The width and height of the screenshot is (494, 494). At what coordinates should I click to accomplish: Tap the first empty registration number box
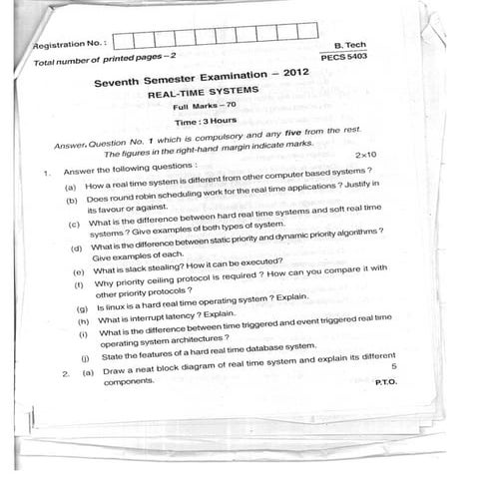123,42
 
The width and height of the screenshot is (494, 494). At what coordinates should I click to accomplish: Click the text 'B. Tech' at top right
351,45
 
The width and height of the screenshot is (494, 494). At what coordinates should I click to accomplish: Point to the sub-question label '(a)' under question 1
70,187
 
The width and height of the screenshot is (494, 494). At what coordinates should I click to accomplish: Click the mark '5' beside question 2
394,367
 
